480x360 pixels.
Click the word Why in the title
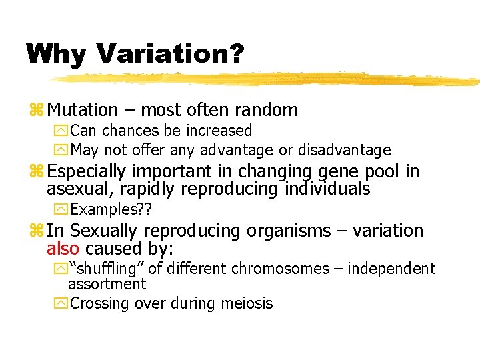point(56,53)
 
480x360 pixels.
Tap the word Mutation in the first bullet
point(83,109)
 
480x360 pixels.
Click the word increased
point(220,131)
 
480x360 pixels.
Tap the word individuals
point(327,189)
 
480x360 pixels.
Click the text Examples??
point(111,210)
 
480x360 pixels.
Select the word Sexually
point(104,231)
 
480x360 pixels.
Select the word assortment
point(107,284)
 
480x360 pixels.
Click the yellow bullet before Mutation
point(37,110)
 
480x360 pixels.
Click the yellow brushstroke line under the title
point(267,79)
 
